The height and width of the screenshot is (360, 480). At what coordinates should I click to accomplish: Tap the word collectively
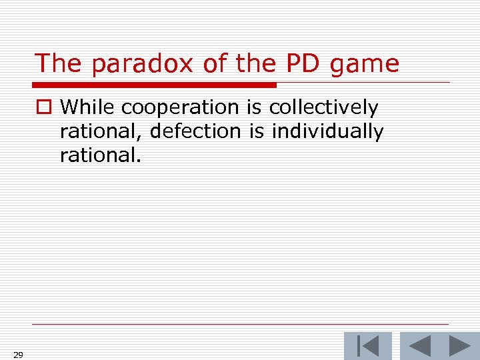click(323, 108)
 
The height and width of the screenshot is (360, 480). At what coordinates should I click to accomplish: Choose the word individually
click(327, 132)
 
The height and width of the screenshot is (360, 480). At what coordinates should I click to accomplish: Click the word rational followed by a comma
click(101, 132)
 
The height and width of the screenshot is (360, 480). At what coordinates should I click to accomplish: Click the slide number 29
click(18, 355)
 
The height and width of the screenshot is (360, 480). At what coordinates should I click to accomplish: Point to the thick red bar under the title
click(155, 85)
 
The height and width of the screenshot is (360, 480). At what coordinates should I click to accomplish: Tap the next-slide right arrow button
click(459, 346)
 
